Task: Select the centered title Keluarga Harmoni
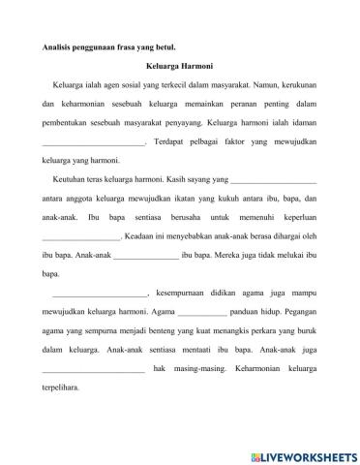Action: (180, 68)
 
